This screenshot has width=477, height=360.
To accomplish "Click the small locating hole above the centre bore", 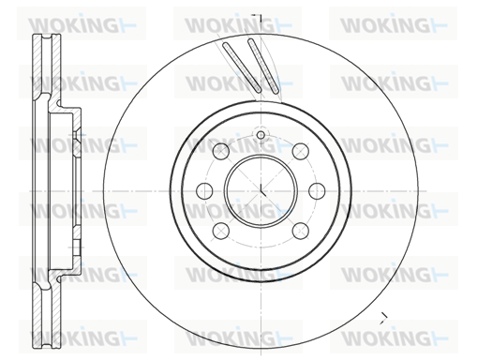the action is pos(261,135).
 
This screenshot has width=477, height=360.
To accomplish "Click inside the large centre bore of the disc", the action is pos(261,190).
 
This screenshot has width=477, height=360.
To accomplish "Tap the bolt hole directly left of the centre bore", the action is pos(204,190).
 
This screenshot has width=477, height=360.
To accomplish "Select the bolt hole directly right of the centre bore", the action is pos(317,190).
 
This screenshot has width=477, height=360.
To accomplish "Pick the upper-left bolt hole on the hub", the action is pos(221,151).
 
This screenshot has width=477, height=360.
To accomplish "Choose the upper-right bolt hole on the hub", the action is pos(301,151).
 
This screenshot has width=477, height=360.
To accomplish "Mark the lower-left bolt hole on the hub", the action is pos(221,231).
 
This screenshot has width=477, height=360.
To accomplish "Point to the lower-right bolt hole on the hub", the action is pos(301,231).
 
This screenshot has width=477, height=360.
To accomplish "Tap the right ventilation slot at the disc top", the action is pos(263,67).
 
